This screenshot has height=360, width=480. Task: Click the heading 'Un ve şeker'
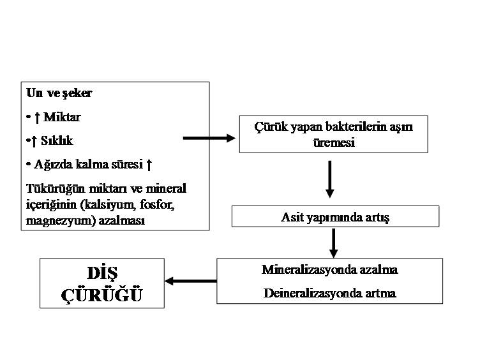coord(59,93)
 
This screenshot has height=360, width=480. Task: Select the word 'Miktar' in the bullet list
coord(62,117)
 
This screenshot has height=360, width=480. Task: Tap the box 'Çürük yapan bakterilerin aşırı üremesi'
coord(333,134)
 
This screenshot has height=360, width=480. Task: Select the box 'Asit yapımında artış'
coord(334,217)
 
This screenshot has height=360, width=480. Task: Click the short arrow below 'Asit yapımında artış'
coord(333,242)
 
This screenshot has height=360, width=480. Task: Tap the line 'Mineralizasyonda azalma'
coord(329,269)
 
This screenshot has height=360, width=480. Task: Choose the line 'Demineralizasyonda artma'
coord(329,293)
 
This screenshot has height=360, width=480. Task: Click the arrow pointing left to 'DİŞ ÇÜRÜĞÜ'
coord(190,280)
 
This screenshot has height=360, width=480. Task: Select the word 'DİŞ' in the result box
coord(102,273)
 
